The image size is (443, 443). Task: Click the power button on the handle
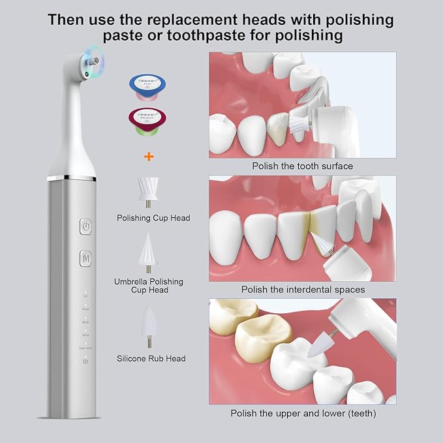pyautogui.click(x=85, y=227)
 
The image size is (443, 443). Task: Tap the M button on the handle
pyautogui.click(x=85, y=258)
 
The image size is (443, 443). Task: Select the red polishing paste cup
pyautogui.click(x=148, y=122)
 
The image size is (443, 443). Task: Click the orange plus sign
pyautogui.click(x=149, y=157)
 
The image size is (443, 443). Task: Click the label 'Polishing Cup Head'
pyautogui.click(x=153, y=218)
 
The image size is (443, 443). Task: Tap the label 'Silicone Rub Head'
pyautogui.click(x=151, y=358)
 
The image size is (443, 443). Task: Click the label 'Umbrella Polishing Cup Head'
pyautogui.click(x=149, y=286)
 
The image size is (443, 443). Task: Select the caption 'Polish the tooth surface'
pyautogui.click(x=302, y=166)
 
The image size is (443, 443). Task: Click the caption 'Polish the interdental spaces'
pyautogui.click(x=303, y=289)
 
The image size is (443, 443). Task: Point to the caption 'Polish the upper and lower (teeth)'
pyautogui.click(x=303, y=413)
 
